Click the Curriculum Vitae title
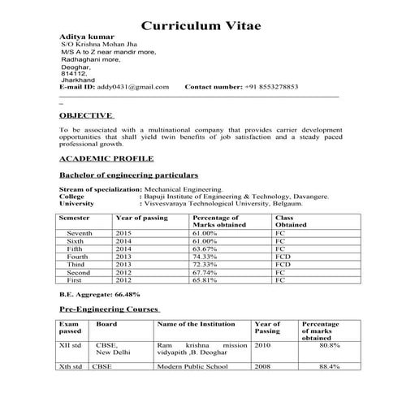point(201,25)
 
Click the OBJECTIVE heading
point(86,116)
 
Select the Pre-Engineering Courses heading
point(110,309)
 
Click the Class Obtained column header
point(288,222)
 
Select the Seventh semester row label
point(80,233)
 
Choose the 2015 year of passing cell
point(123,233)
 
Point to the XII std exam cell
point(71,345)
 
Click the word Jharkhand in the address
point(78,78)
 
